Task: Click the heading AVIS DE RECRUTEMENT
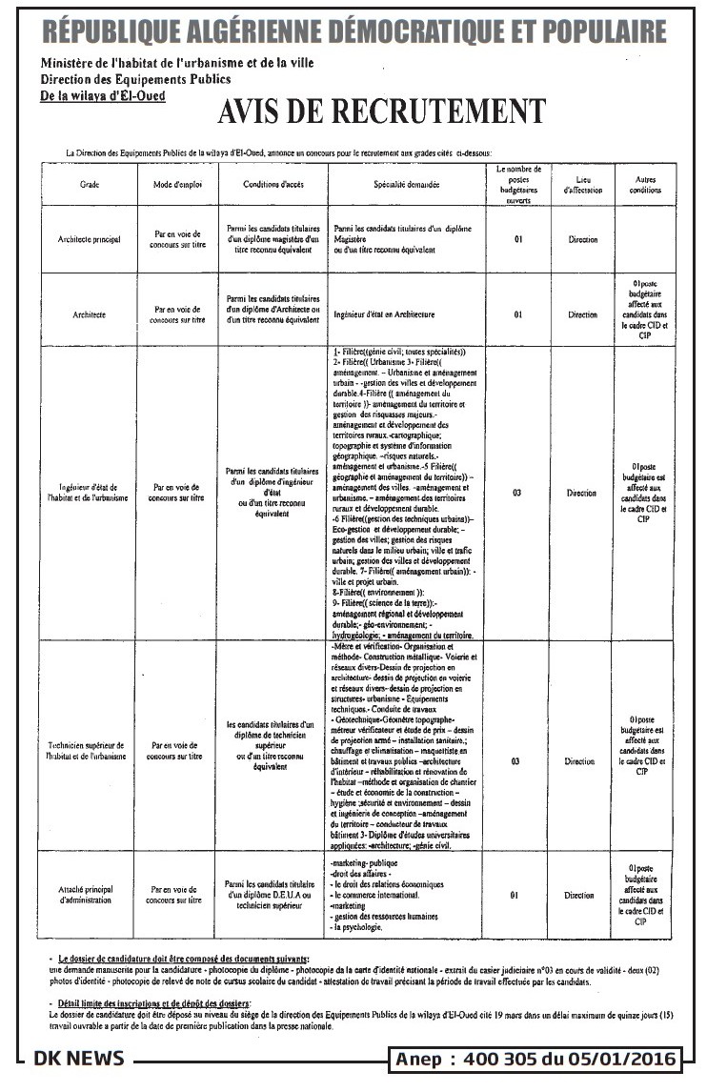point(381,112)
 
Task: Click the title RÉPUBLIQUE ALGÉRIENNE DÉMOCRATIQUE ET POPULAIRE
point(354,32)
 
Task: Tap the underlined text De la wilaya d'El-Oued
point(102,96)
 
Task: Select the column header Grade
point(90,184)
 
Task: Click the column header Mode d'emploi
point(177,184)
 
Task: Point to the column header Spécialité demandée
point(407,184)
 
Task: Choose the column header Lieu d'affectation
point(582,185)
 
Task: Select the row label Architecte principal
point(90,239)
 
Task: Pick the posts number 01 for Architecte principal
point(518,239)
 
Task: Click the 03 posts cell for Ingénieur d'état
point(518,494)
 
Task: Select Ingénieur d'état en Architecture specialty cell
point(385,313)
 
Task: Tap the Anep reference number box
point(536,1059)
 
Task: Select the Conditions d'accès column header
point(273,184)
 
